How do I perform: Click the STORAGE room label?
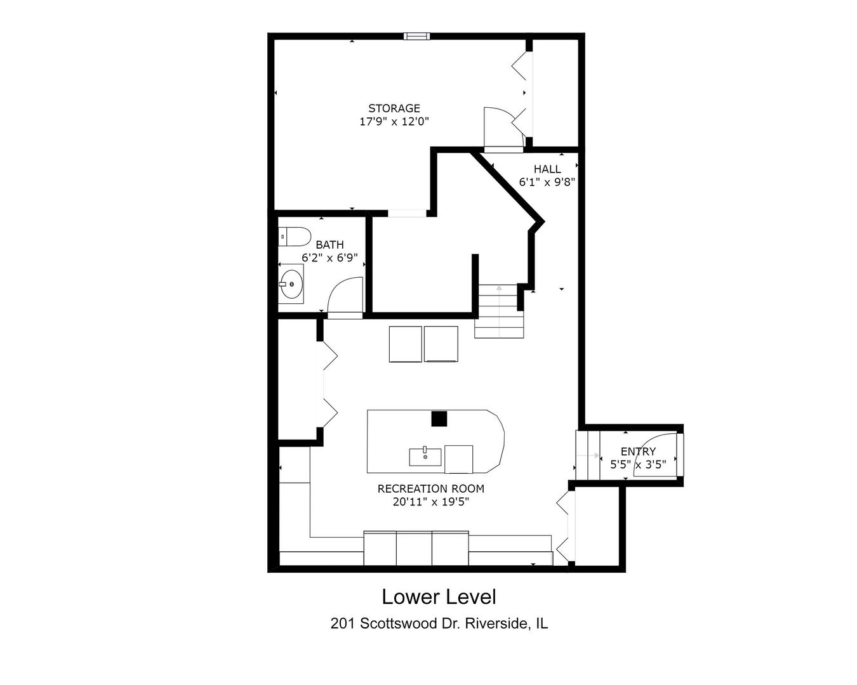pos(394,108)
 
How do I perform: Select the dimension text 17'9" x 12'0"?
pos(394,122)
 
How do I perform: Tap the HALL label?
pos(547,169)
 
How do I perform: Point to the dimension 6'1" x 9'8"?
pos(547,182)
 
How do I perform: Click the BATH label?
pos(329,245)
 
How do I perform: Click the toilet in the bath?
pos(293,237)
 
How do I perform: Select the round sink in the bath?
pos(291,284)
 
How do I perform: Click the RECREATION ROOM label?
pos(430,488)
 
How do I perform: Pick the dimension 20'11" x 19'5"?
pos(430,502)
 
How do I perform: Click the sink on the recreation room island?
pos(425,456)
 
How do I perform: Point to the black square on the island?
pos(439,419)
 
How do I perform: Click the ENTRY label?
pos(638,452)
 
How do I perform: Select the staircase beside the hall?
pos(500,311)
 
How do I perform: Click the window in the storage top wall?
pos(416,36)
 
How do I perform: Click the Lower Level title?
pos(439,597)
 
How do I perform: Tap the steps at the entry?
pos(588,455)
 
